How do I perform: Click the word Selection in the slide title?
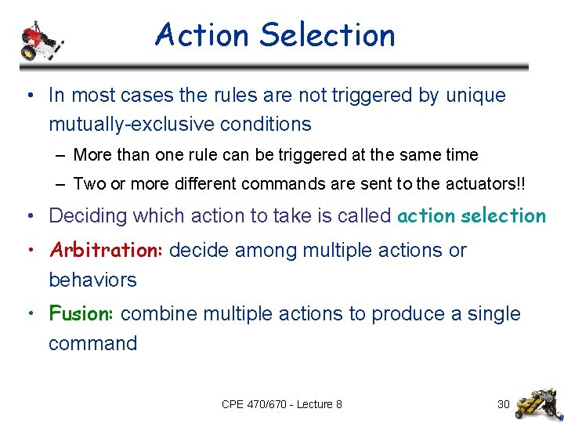(327, 35)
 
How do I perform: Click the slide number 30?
(504, 404)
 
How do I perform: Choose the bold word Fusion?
(82, 314)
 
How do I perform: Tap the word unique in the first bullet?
(475, 96)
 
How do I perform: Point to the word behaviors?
(92, 280)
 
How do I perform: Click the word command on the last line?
(92, 343)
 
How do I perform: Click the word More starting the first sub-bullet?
(92, 155)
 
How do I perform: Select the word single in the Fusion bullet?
(493, 314)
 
